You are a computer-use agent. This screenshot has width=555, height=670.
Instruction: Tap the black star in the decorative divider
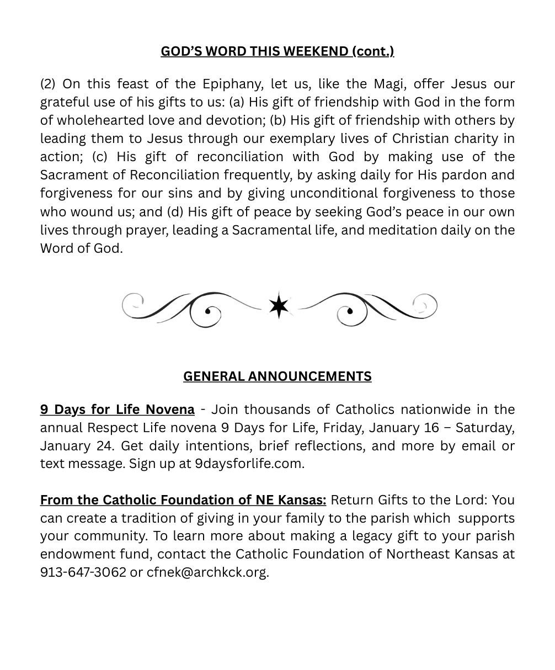point(279,306)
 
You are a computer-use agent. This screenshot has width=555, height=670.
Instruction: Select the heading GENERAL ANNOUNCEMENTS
point(277,376)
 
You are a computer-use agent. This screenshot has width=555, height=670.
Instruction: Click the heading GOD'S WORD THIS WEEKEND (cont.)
point(277,51)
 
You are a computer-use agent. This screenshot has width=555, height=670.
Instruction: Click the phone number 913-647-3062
point(83,572)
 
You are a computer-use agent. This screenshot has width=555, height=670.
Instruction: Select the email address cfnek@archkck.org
point(207,572)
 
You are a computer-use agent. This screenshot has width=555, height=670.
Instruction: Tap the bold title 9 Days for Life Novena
point(117,410)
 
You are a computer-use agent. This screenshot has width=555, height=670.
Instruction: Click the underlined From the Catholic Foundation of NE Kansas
point(183,500)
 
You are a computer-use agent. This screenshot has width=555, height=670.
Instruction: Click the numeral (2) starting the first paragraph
point(48,84)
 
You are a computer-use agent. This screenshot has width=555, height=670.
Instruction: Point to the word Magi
point(388,84)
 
